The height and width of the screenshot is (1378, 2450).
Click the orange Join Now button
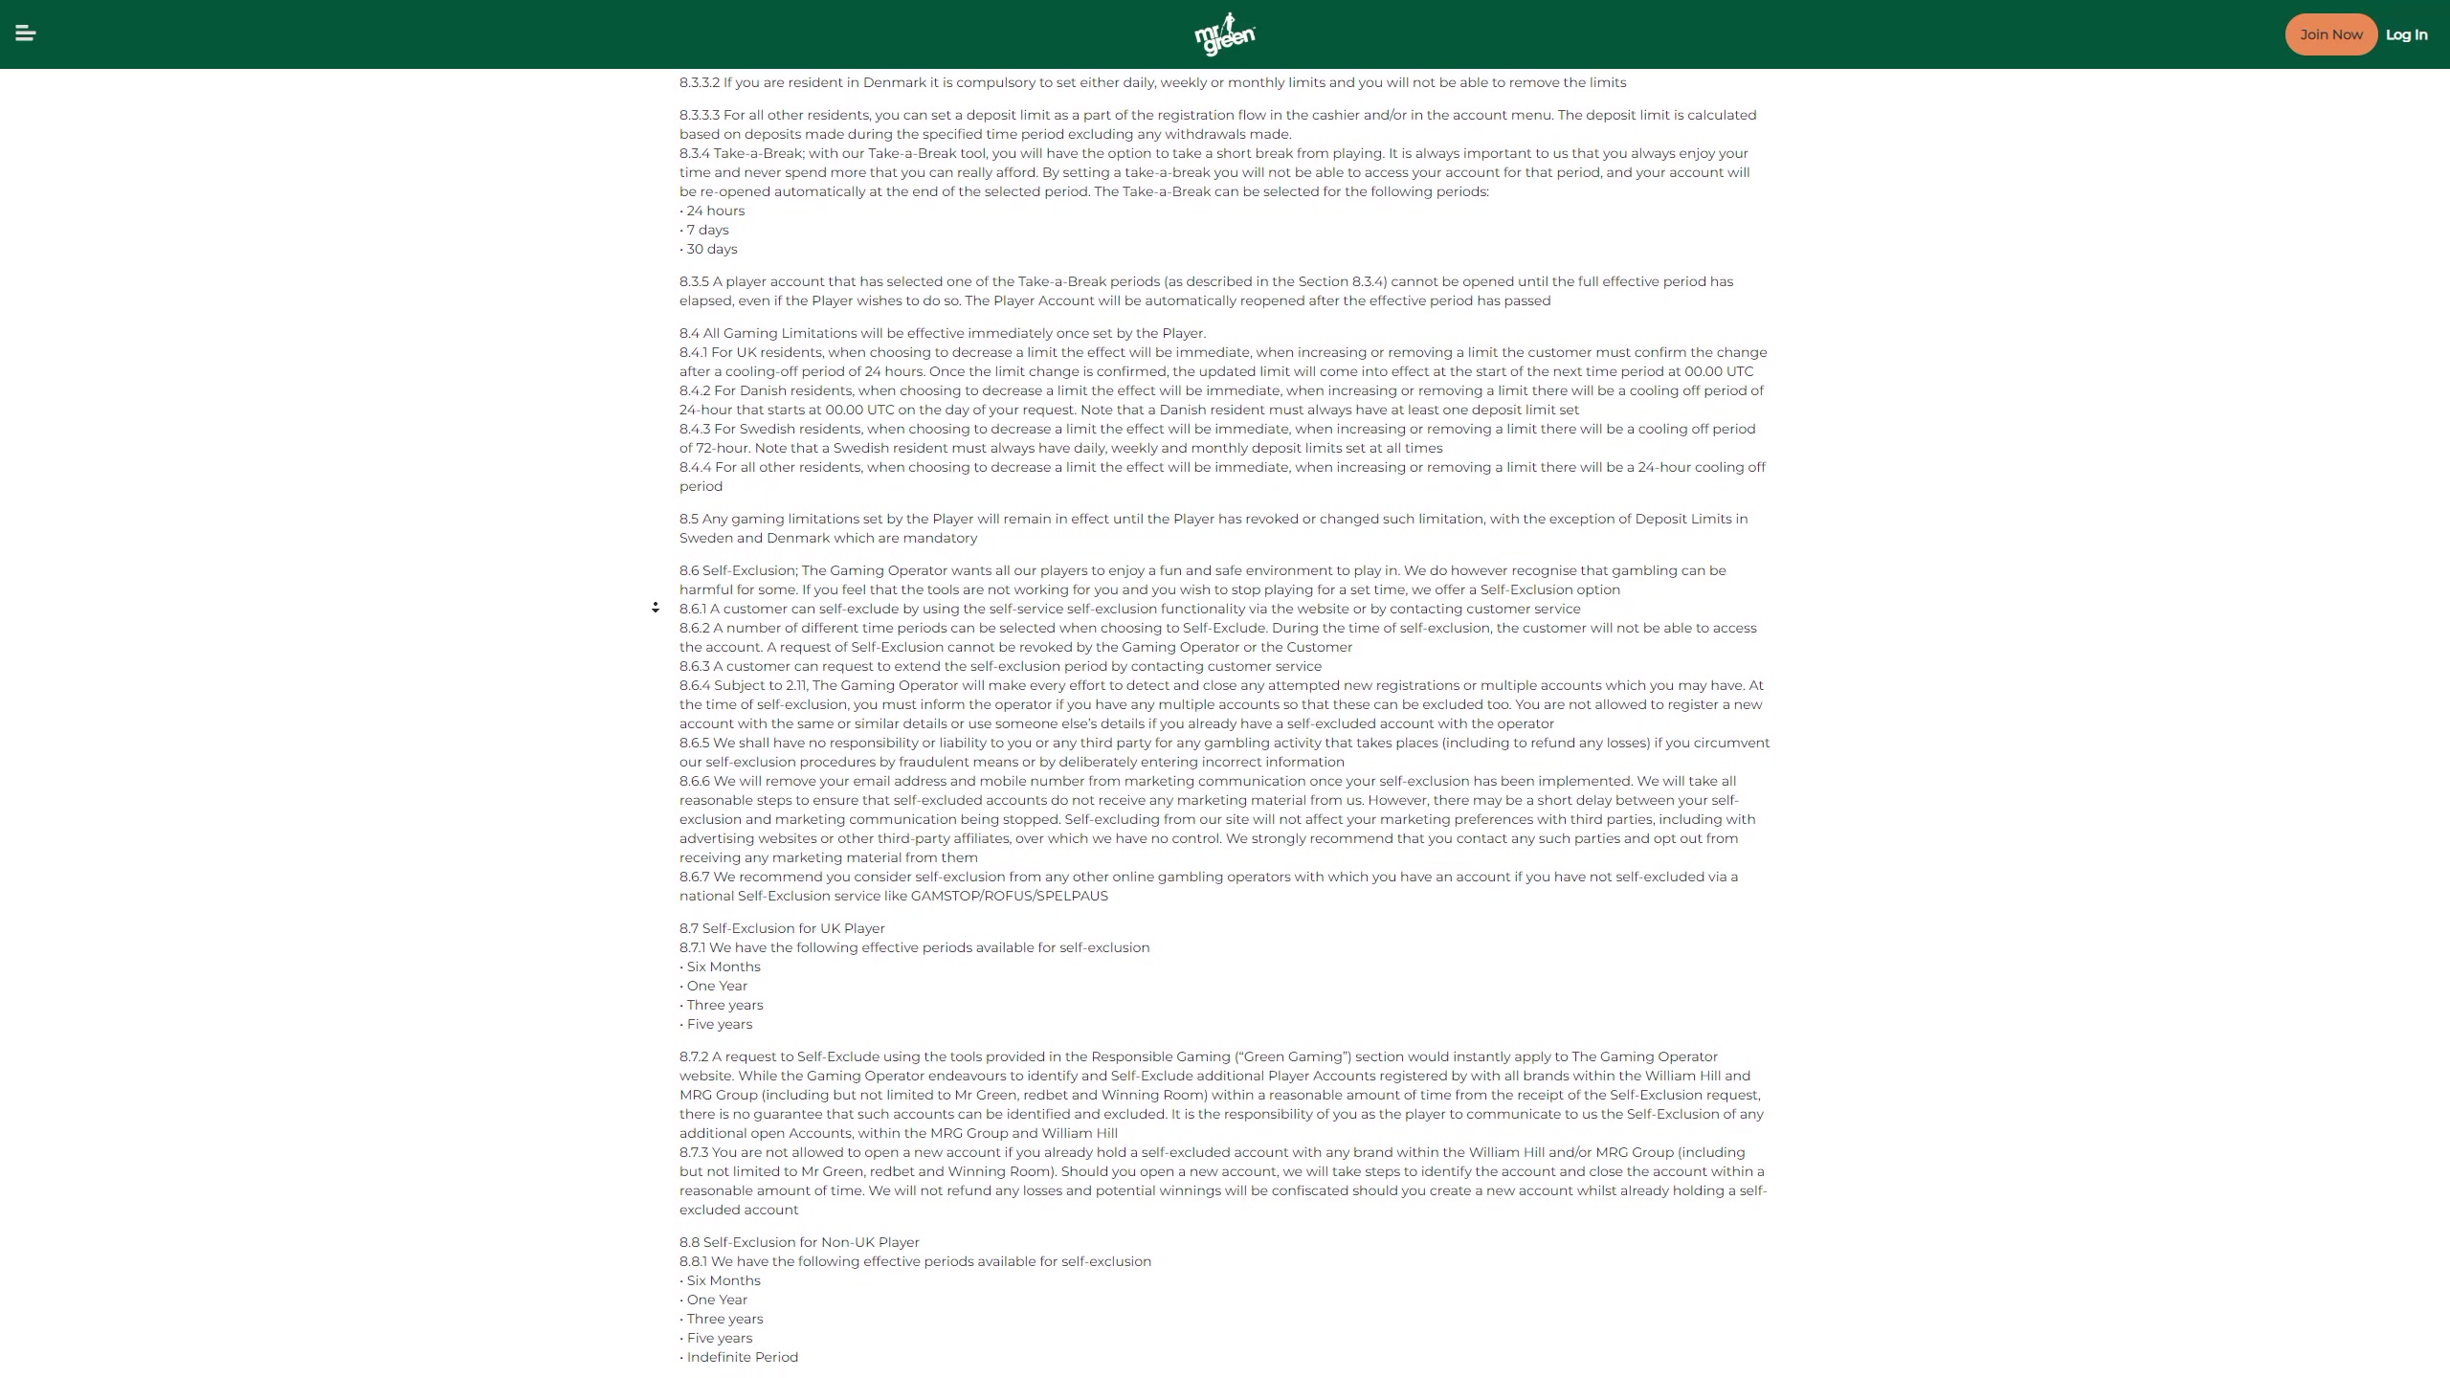tap(2330, 34)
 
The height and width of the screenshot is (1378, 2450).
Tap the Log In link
tap(2406, 34)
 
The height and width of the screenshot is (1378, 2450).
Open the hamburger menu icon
tap(26, 33)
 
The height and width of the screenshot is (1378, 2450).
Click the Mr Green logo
tap(1225, 34)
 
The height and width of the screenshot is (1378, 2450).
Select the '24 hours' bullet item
tap(715, 211)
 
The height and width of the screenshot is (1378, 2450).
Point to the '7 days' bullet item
tap(707, 230)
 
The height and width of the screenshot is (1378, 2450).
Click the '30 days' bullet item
tap(711, 249)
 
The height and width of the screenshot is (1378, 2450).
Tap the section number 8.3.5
tap(694, 281)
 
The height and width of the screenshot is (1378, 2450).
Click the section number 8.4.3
tap(695, 429)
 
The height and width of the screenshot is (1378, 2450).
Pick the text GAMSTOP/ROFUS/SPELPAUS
tap(1009, 896)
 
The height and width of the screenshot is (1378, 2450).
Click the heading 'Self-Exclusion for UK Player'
tap(792, 928)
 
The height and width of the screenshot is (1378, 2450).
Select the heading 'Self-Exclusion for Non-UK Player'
tap(811, 1242)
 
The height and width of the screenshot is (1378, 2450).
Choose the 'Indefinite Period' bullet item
tap(742, 1357)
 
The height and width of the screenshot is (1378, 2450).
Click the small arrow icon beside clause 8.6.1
tap(656, 608)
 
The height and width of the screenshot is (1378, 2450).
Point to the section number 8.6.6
tap(695, 781)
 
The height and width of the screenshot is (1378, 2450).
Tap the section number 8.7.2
tap(694, 1056)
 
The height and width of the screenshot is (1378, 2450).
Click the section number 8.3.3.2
tap(700, 82)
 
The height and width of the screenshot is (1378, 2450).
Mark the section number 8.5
tap(689, 519)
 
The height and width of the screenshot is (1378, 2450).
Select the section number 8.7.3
tap(694, 1152)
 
